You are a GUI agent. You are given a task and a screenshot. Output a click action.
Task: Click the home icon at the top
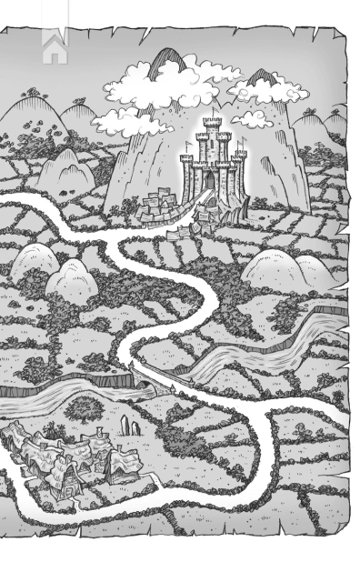(55, 46)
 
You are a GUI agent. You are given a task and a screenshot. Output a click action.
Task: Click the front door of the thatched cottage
(64, 492)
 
